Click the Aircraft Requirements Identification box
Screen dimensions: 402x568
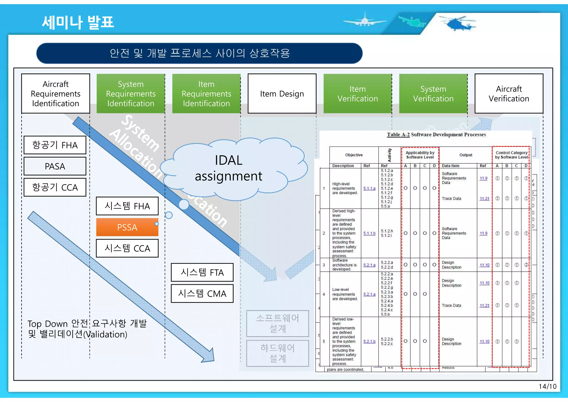click(x=55, y=93)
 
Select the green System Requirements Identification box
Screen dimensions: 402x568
click(x=131, y=93)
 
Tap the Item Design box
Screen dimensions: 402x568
click(x=282, y=93)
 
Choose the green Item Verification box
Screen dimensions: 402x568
click(x=357, y=93)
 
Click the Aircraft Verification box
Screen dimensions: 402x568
click(x=509, y=93)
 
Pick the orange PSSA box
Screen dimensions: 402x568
click(x=127, y=227)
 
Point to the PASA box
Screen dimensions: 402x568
click(x=55, y=166)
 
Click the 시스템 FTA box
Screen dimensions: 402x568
click(x=202, y=272)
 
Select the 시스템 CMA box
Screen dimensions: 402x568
click(x=202, y=294)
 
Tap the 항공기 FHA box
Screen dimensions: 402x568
click(x=55, y=145)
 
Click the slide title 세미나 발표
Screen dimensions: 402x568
click(x=78, y=22)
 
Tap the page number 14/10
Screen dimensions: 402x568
click(x=547, y=386)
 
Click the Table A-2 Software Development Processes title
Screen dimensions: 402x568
click(x=436, y=135)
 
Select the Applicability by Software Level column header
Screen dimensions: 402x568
click(x=420, y=155)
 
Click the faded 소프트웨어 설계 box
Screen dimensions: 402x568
click(x=277, y=323)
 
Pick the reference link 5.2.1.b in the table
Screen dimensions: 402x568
click(x=369, y=342)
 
